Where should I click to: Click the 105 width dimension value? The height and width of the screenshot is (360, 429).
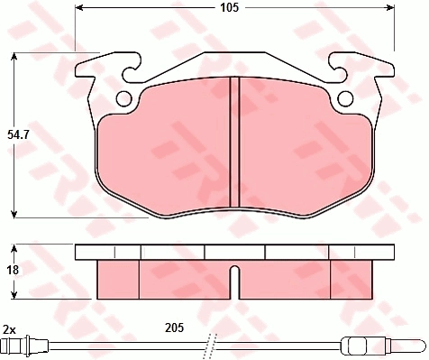pyautogui.click(x=229, y=7)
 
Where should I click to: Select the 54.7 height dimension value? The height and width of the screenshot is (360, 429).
pyautogui.click(x=18, y=135)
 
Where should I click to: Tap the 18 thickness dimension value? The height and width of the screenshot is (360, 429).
pyautogui.click(x=13, y=270)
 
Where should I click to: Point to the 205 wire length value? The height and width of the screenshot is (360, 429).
pyautogui.click(x=174, y=328)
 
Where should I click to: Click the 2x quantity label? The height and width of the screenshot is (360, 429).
pyautogui.click(x=9, y=330)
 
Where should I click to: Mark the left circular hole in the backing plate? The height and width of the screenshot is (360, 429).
pyautogui.click(x=123, y=98)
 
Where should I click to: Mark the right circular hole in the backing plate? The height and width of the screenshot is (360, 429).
pyautogui.click(x=345, y=98)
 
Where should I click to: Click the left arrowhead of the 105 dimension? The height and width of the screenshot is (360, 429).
pyautogui.click(x=78, y=7)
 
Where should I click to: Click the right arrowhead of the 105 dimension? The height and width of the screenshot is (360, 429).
pyautogui.click(x=390, y=7)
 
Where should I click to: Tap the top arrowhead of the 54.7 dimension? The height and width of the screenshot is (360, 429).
pyautogui.click(x=14, y=57)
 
